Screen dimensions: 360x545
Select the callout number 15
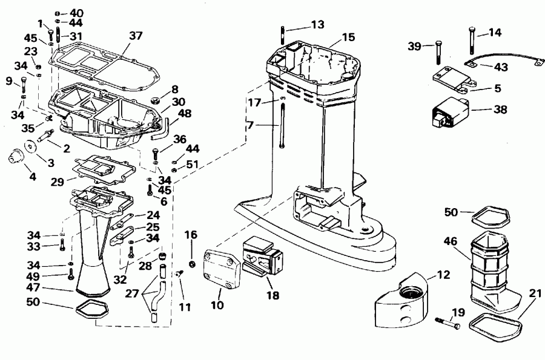click(x=348, y=38)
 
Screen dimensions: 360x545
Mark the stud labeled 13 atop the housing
click(x=283, y=38)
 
